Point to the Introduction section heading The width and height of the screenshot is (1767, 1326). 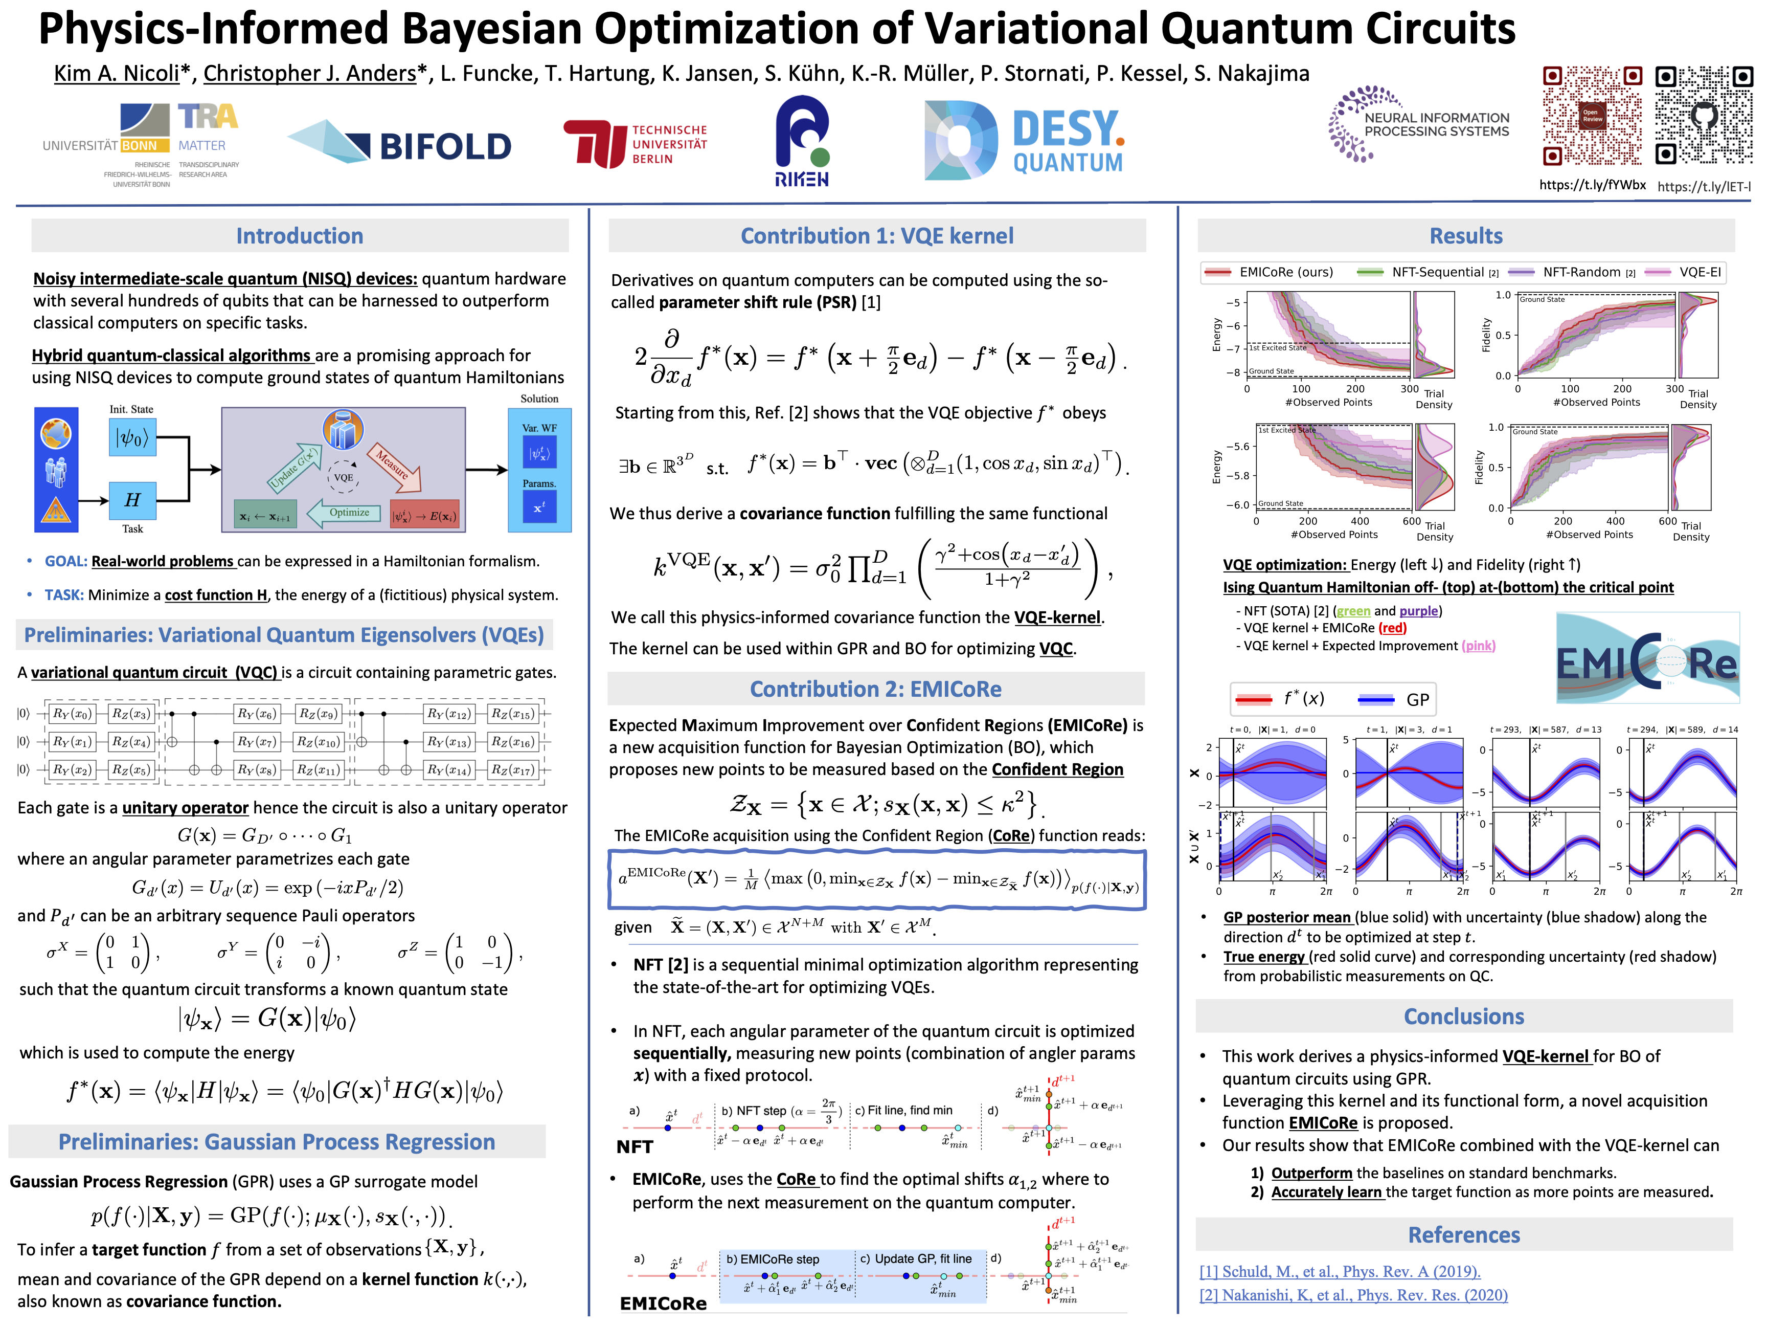[300, 236]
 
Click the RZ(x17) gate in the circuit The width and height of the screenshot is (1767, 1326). [511, 770]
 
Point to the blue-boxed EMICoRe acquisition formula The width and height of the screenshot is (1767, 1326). [876, 879]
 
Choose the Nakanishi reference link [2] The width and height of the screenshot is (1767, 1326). [1353, 1295]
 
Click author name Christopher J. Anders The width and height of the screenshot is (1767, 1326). [310, 74]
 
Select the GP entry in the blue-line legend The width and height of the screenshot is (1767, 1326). [1394, 699]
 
